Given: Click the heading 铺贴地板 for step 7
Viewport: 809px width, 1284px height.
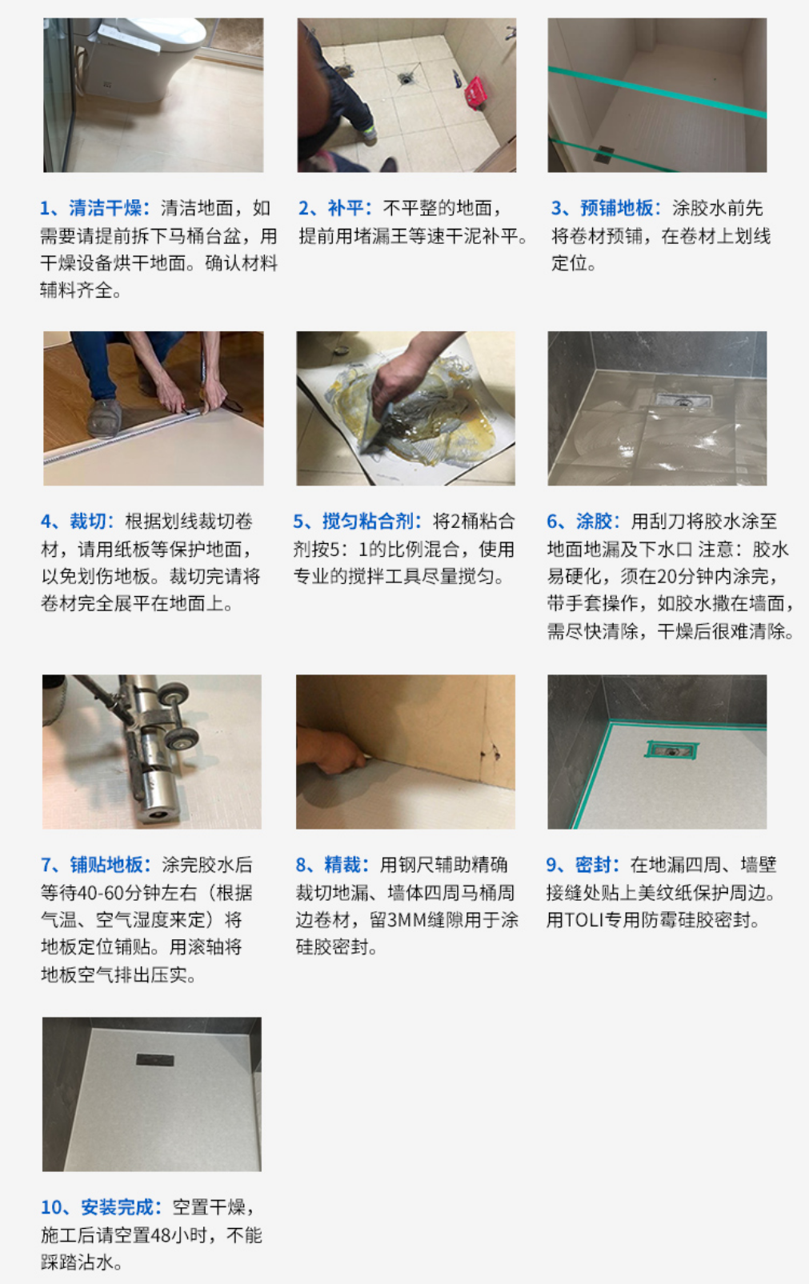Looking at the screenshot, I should click(106, 865).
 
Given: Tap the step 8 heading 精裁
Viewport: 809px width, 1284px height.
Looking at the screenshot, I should click(342, 865).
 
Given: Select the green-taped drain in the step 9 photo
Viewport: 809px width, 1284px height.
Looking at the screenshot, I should click(672, 750).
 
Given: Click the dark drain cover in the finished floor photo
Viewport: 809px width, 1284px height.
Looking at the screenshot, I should click(154, 1060).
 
